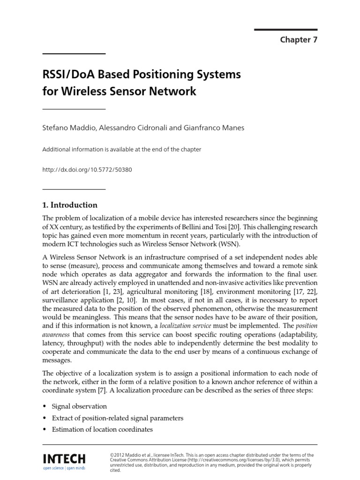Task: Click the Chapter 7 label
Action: pyautogui.click(x=299, y=40)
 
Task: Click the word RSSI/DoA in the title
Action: pyautogui.click(x=67, y=75)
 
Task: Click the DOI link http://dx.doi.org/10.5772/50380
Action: pyautogui.click(x=87, y=170)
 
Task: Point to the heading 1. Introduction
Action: pyautogui.click(x=70, y=205)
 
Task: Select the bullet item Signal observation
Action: pyautogui.click(x=79, y=406)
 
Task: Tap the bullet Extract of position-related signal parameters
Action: pyautogui.click(x=117, y=418)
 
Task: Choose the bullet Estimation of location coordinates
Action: pyautogui.click(x=102, y=429)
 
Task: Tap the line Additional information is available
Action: pyautogui.click(x=121, y=150)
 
